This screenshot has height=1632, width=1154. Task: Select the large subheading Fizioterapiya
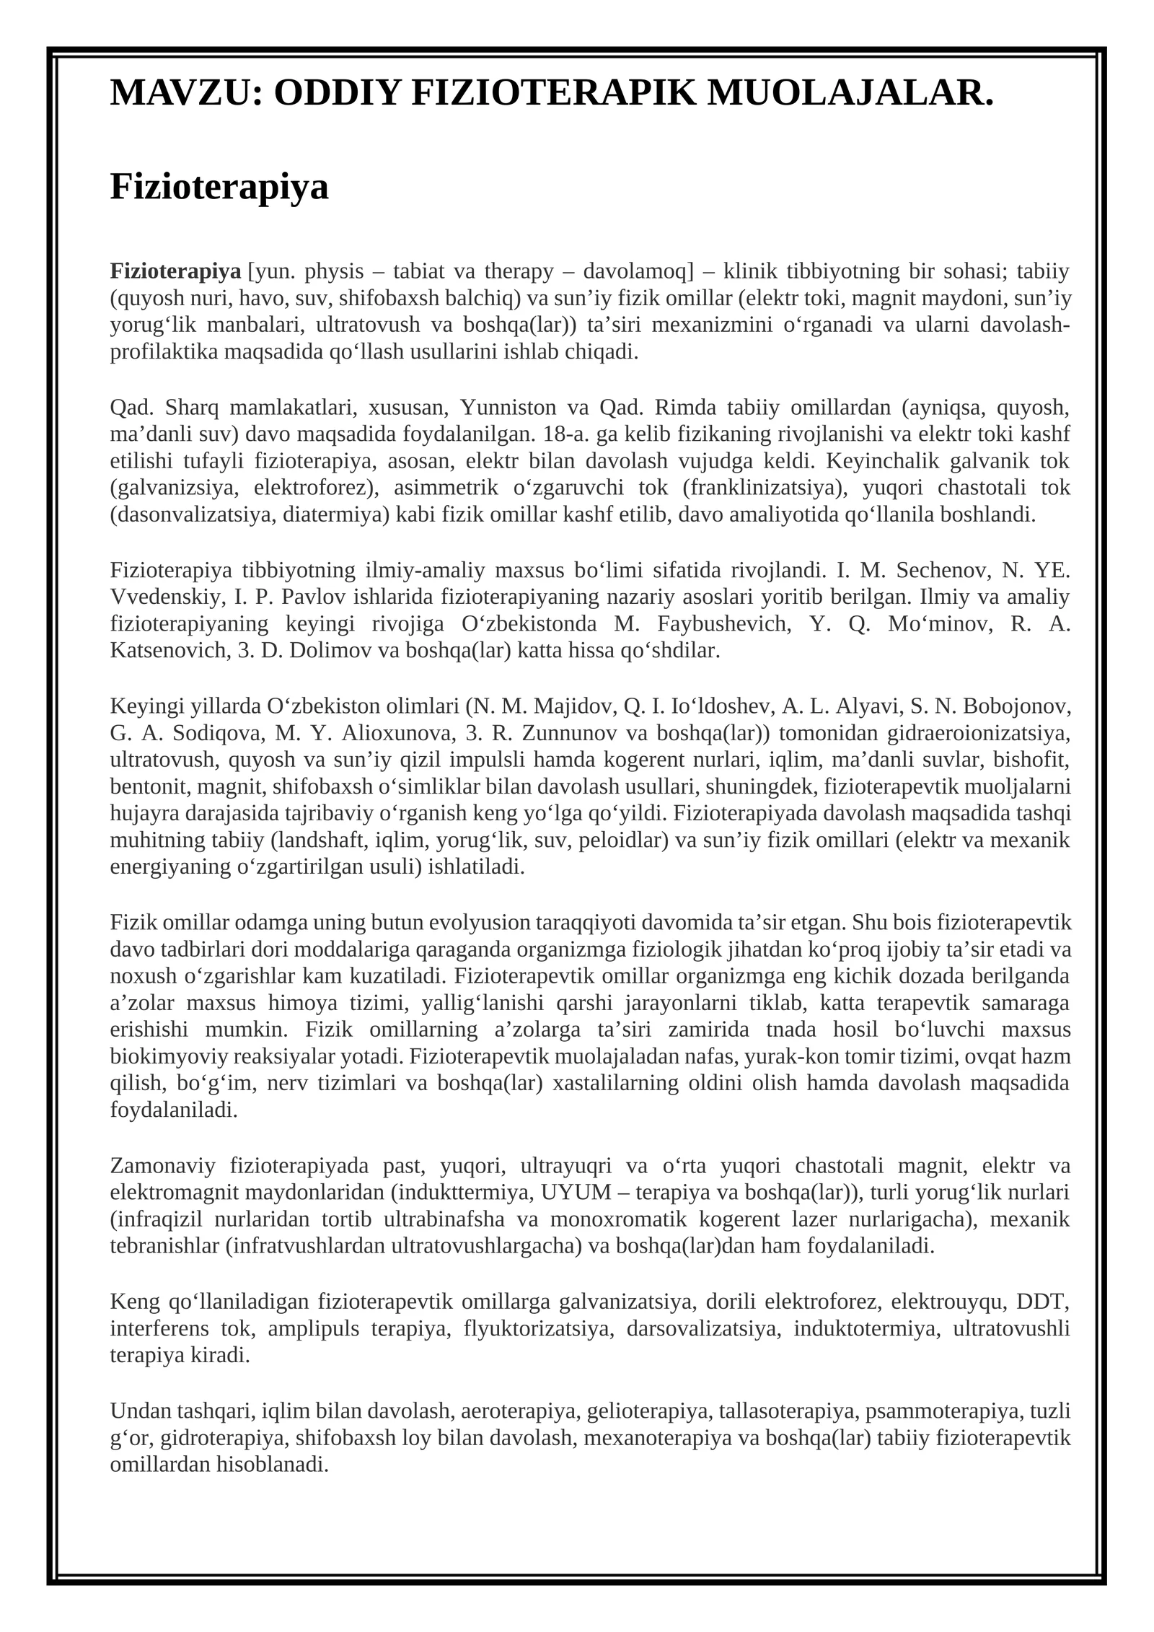coord(219,186)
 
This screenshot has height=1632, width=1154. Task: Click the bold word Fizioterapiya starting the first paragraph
coord(175,271)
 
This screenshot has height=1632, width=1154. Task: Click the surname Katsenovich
coord(169,651)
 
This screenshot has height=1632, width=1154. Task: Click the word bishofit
coord(1031,760)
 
